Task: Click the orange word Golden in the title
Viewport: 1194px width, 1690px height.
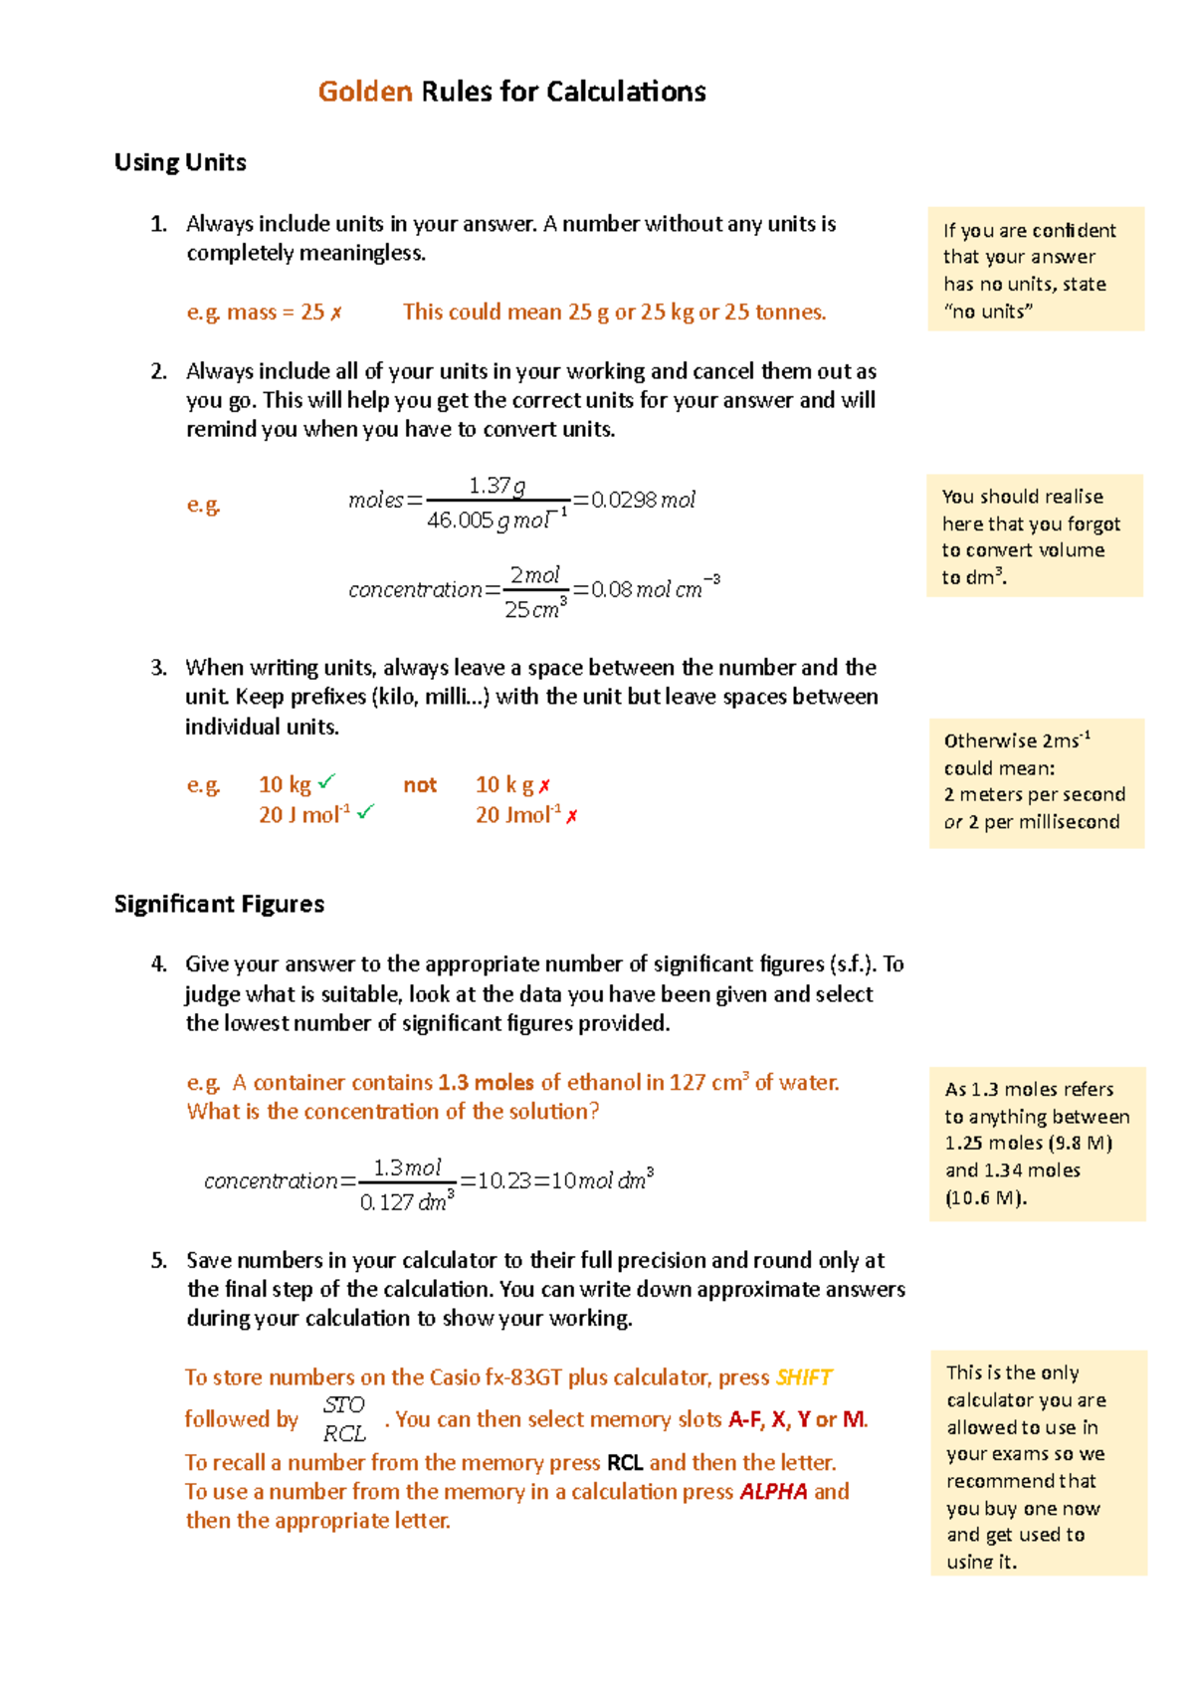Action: click(364, 92)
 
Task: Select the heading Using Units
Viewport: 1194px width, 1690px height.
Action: click(180, 162)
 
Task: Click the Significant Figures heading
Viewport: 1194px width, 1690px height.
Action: click(219, 904)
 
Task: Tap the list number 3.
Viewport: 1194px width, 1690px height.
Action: click(158, 668)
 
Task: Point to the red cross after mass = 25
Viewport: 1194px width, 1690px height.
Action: click(336, 314)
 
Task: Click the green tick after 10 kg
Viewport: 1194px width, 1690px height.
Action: click(326, 782)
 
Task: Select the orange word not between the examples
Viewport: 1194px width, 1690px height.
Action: click(420, 785)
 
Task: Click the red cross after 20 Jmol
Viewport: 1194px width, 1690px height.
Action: click(572, 816)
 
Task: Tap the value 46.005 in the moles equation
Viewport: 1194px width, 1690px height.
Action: click(460, 521)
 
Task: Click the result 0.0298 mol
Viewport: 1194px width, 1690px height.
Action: click(643, 500)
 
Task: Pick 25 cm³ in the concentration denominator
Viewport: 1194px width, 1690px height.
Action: click(535, 609)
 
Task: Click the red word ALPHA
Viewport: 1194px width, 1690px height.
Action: click(773, 1492)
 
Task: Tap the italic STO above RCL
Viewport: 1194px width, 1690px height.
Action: click(343, 1404)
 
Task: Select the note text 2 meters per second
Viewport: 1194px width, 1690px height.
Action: click(1035, 794)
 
